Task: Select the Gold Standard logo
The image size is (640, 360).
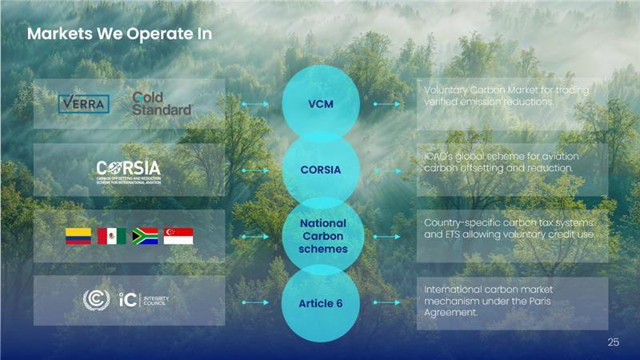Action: coord(162,103)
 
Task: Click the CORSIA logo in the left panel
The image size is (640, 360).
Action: coord(128,170)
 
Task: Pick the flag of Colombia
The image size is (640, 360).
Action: coord(78,236)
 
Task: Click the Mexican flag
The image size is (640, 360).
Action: coord(111,236)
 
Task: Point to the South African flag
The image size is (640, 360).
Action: coord(145,236)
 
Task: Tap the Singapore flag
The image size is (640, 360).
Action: coord(178,236)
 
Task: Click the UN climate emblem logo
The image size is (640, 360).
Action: coord(96,301)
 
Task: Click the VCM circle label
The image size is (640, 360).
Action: coord(320,105)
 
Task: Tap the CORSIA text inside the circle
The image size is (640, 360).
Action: coord(320,170)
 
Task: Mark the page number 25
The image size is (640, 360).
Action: coord(614,342)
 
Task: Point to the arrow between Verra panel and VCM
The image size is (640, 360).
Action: coord(255,104)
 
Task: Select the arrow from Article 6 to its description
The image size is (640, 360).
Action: coord(386,302)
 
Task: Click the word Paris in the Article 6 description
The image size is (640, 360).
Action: coord(566,300)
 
